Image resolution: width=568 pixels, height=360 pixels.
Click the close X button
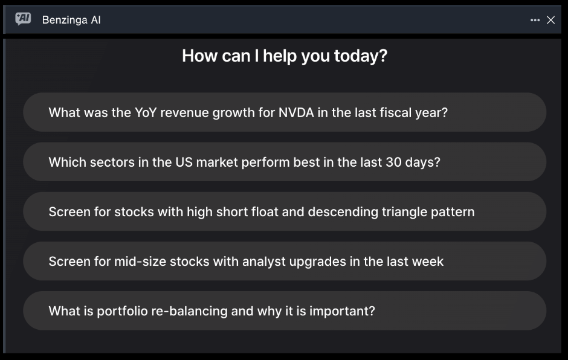tap(550, 20)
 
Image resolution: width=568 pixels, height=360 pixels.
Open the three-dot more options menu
tap(535, 20)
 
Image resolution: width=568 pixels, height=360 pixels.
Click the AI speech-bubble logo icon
tap(23, 19)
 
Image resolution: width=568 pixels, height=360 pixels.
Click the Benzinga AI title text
tap(71, 20)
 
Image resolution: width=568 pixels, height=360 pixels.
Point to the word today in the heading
tap(361, 56)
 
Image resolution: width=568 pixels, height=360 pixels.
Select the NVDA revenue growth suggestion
tap(285, 112)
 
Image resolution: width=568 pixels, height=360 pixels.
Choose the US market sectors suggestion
tap(285, 162)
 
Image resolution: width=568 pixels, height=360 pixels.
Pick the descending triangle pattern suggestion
tap(285, 211)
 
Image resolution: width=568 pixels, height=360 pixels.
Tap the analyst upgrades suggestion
tap(285, 261)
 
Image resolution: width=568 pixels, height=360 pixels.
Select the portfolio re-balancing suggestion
tap(285, 310)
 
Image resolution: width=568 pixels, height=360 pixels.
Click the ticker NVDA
tap(296, 112)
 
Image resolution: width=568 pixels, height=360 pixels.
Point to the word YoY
tap(146, 112)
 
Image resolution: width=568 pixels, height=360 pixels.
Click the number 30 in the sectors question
tap(394, 162)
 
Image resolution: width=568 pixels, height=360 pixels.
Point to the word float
tap(263, 212)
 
